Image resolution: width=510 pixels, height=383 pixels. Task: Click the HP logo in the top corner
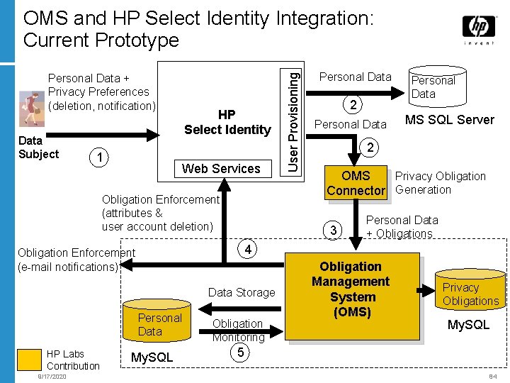479,28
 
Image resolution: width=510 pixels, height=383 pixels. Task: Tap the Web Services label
221,169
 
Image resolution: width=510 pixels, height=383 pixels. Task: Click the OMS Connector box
356,182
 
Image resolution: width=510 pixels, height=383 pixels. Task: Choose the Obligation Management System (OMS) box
351,289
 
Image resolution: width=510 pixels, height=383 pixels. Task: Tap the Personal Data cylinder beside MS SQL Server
433,84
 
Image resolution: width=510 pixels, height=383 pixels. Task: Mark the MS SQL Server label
449,119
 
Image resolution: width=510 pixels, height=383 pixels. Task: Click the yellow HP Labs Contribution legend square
29,360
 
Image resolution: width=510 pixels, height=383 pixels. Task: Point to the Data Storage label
241,292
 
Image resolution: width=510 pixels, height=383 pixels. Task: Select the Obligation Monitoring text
238,331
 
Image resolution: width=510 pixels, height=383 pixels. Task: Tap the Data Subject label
38,147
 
